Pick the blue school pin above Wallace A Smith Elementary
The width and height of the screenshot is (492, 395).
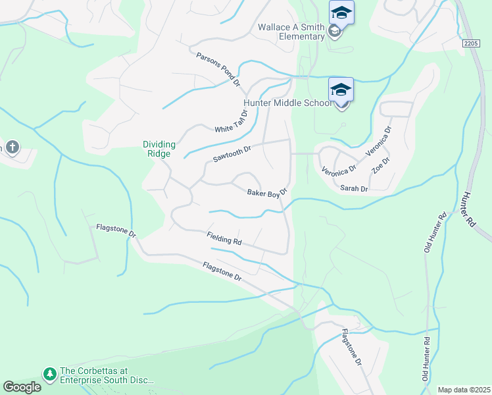[x=341, y=13]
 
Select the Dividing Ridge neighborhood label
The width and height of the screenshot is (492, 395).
[x=157, y=149]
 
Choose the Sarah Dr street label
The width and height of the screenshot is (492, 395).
[x=354, y=188]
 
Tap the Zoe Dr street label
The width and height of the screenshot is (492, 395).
[x=381, y=165]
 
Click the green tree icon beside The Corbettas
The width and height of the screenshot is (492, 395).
[x=49, y=374]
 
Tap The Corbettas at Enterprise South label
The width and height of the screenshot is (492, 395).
[x=106, y=375]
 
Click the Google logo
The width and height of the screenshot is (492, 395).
[x=22, y=387]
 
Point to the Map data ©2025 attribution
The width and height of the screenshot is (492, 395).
[x=464, y=390]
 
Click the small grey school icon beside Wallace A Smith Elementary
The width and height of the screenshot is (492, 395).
[x=334, y=32]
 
